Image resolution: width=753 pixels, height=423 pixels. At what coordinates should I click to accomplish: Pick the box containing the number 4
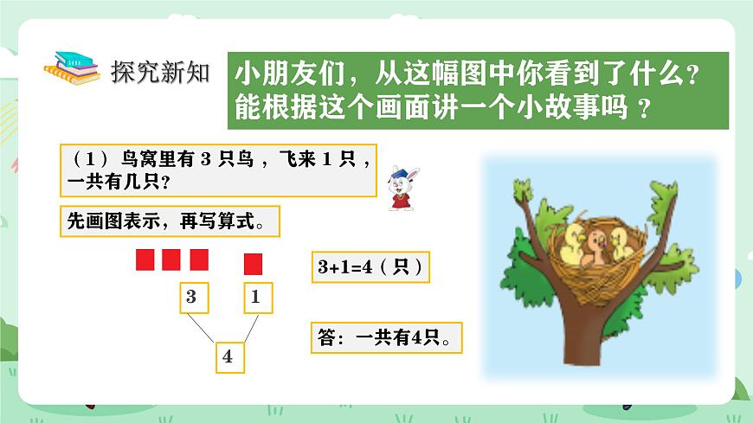click(227, 356)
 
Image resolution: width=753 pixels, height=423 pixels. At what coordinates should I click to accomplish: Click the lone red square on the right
click(253, 263)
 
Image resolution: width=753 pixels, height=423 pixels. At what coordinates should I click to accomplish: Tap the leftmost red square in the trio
click(145, 259)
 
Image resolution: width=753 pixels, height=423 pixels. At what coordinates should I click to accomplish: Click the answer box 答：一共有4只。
click(386, 338)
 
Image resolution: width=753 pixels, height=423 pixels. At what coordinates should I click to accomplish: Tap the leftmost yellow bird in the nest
click(574, 243)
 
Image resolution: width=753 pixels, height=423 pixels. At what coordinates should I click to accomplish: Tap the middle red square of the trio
click(171, 259)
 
